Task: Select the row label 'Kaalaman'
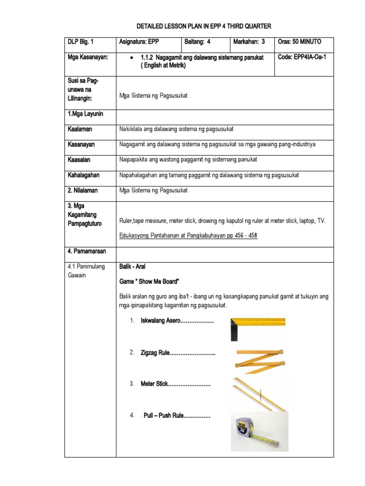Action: pos(79,129)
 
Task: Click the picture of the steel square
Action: pos(258,329)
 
